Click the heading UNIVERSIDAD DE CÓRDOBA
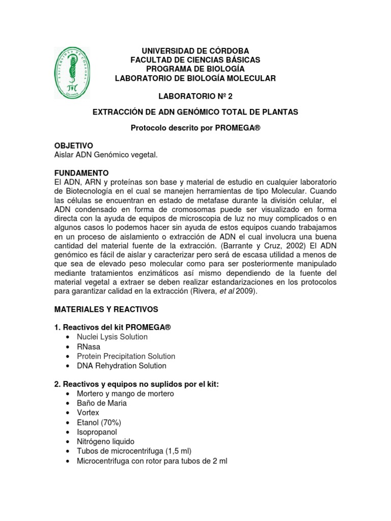[x=195, y=51]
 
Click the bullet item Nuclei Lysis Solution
[x=112, y=337]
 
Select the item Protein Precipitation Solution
[x=126, y=356]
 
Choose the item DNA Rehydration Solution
[x=121, y=366]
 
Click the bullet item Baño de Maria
[x=102, y=403]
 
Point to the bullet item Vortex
[x=88, y=413]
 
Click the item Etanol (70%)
[x=99, y=422]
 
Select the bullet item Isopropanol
[x=97, y=432]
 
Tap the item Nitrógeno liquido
[x=105, y=442]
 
